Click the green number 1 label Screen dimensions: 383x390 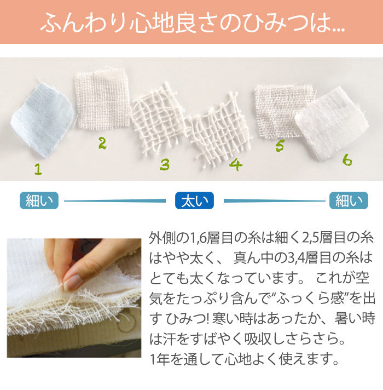38,169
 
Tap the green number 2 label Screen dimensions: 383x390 102,143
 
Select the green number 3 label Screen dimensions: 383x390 165,164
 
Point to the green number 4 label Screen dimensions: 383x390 235,164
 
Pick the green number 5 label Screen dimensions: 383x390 280,146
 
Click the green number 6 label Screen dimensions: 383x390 347,160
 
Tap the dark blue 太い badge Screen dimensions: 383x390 194,200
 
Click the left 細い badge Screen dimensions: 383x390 39,200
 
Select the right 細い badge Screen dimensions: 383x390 349,200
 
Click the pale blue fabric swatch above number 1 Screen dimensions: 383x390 42,120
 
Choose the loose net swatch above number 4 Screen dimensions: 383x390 218,129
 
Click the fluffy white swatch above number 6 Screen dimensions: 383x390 332,123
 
